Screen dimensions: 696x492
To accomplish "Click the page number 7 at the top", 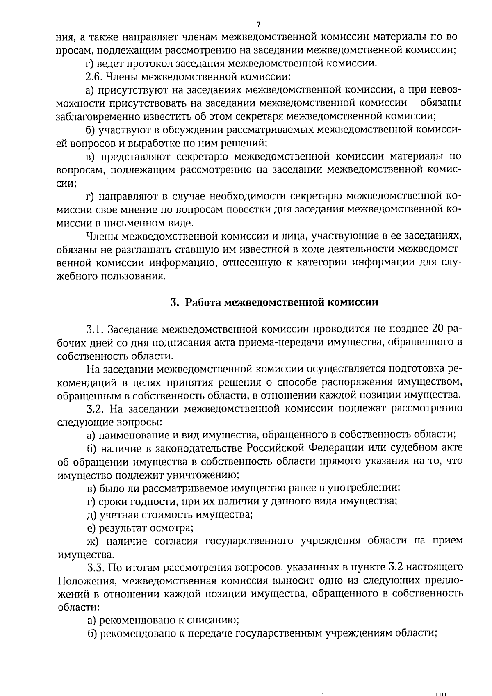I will tap(258, 24).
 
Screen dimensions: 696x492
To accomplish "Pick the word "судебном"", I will tap(403, 447).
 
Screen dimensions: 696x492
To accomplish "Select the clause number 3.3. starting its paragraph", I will tap(96, 568).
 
